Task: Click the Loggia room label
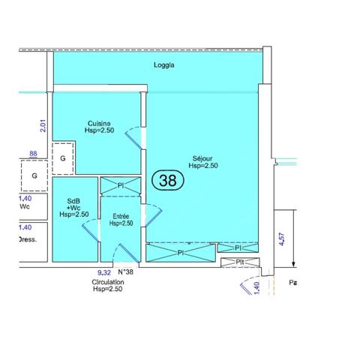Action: point(164,65)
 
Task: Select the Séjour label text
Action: point(202,158)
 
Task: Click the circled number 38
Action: point(168,180)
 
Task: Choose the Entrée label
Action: point(120,215)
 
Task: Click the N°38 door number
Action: point(126,272)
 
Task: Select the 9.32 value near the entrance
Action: point(104,272)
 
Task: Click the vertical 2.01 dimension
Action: point(43,126)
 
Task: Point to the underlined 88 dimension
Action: point(33,154)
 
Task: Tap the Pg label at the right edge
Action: point(293,283)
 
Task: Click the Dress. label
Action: point(27,241)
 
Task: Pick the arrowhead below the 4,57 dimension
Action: point(295,264)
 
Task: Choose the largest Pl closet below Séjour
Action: point(181,253)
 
